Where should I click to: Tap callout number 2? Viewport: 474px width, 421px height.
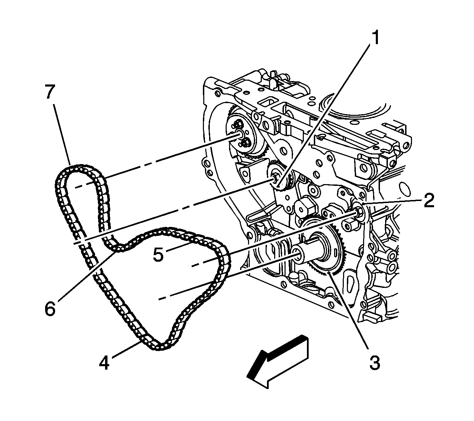coord(428,201)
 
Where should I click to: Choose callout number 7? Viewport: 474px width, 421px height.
coord(50,92)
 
